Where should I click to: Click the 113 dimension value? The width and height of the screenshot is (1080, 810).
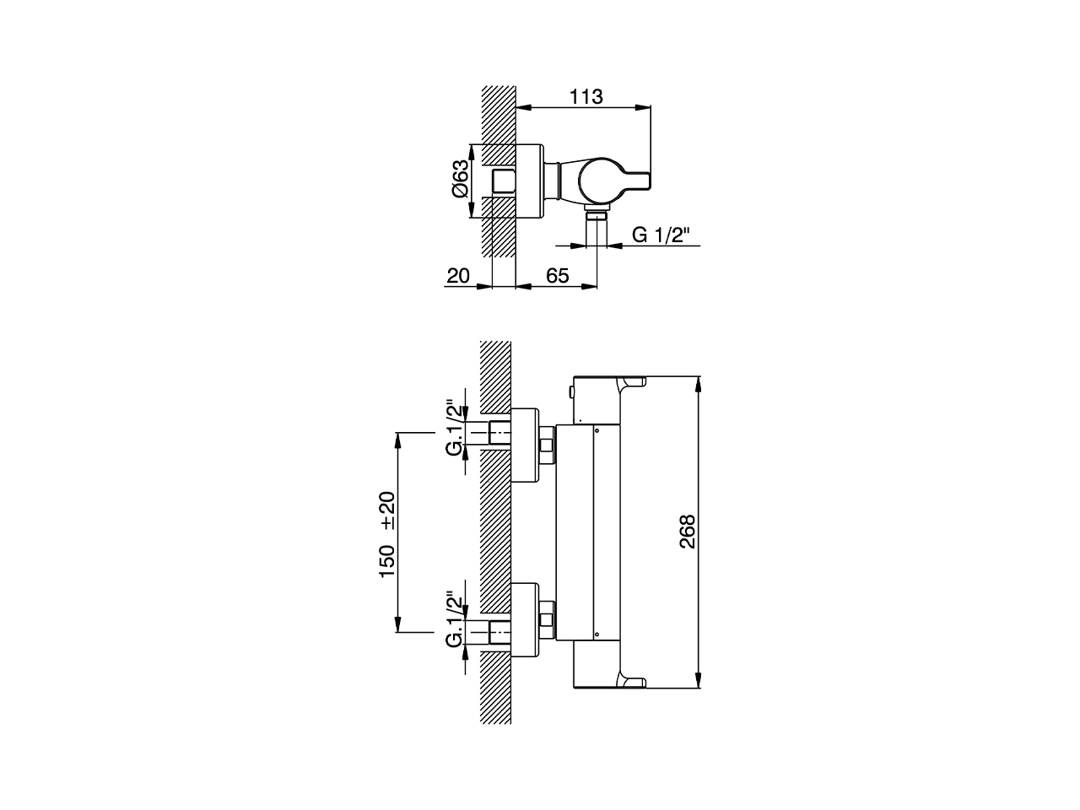click(x=586, y=97)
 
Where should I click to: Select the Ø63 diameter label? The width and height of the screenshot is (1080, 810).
click(x=461, y=179)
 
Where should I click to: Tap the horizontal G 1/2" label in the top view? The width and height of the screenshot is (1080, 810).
click(x=658, y=235)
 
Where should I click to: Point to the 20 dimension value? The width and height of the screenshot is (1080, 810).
click(x=458, y=276)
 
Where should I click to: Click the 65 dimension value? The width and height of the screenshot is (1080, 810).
click(x=557, y=276)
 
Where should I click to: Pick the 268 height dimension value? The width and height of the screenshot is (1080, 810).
click(x=687, y=532)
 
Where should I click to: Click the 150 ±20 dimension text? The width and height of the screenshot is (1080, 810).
click(x=387, y=534)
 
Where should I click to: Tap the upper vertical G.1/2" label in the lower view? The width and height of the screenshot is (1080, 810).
click(x=456, y=431)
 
